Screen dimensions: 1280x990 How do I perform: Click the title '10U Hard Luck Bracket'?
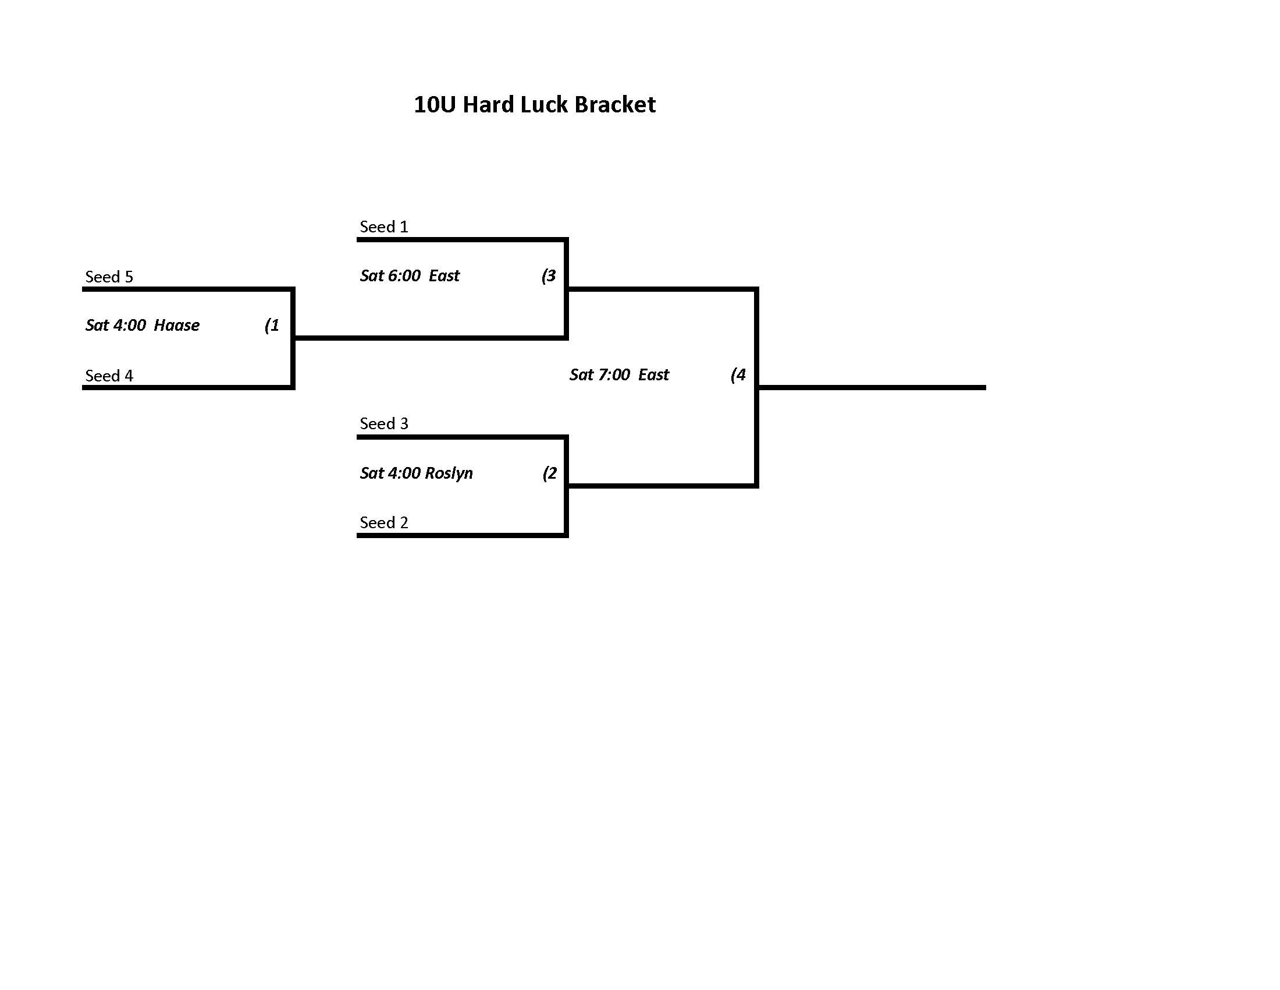(x=535, y=104)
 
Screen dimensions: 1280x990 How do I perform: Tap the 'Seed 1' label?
(x=384, y=227)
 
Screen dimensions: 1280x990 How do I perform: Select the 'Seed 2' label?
(x=384, y=522)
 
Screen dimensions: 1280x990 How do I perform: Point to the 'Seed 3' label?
(x=384, y=423)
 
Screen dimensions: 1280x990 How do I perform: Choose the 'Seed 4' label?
(x=109, y=376)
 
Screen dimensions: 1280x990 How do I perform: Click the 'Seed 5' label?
(x=109, y=276)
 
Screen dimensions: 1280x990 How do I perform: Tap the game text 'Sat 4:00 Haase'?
(x=143, y=325)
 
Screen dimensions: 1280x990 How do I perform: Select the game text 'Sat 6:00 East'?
(x=410, y=275)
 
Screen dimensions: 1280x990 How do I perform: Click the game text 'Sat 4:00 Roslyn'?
(x=416, y=473)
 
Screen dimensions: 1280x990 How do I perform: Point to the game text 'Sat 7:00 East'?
(x=619, y=374)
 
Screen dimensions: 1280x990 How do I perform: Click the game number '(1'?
(x=272, y=325)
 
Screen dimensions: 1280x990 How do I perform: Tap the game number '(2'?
(x=550, y=473)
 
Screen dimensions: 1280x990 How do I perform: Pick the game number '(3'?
(x=549, y=275)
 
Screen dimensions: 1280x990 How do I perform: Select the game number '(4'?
(x=738, y=374)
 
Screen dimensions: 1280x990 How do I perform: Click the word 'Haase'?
(x=177, y=325)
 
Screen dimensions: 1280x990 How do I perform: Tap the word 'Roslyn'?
(x=449, y=473)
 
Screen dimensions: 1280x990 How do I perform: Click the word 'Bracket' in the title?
(x=616, y=104)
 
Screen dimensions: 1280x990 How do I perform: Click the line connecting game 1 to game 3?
(x=429, y=338)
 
